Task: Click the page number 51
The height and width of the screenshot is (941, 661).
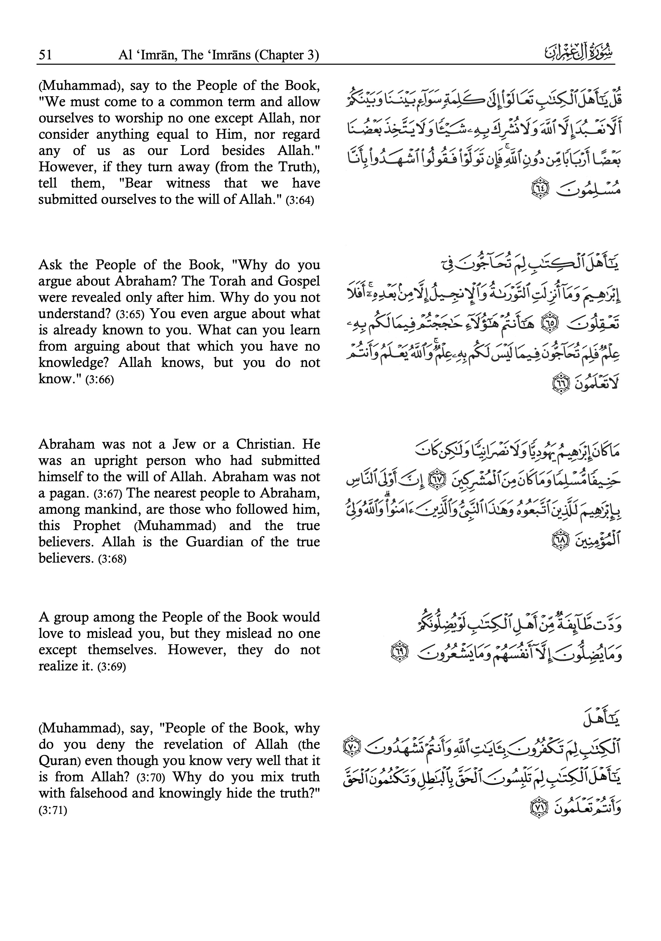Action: coord(45,55)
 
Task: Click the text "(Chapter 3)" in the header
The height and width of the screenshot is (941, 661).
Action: coord(286,55)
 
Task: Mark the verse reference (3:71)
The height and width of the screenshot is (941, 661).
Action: coord(53,811)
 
